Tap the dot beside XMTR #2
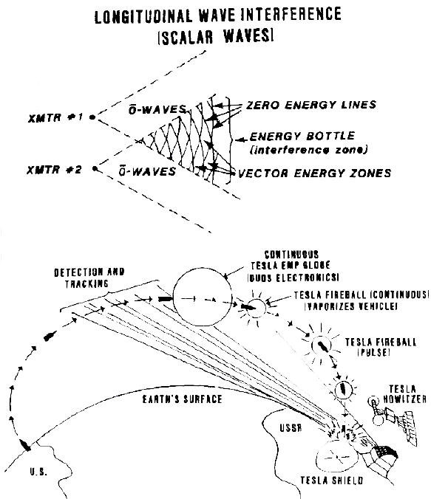(95, 168)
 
